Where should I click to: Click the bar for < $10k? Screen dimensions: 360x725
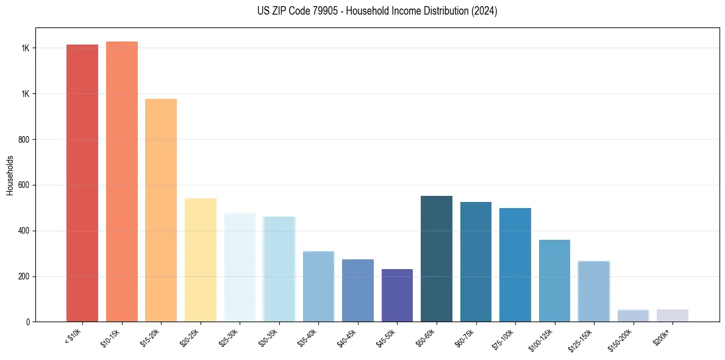pos(82,183)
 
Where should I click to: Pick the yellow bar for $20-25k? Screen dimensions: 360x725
pos(201,260)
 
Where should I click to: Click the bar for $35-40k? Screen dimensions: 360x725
pos(318,286)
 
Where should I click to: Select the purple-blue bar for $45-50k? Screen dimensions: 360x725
pos(397,295)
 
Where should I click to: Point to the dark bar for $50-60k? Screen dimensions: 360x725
pos(437,259)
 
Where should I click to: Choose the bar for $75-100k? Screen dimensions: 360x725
pos(515,265)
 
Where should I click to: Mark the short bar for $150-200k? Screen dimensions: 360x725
pos(633,315)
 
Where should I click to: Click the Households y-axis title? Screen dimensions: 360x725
pos(10,175)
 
